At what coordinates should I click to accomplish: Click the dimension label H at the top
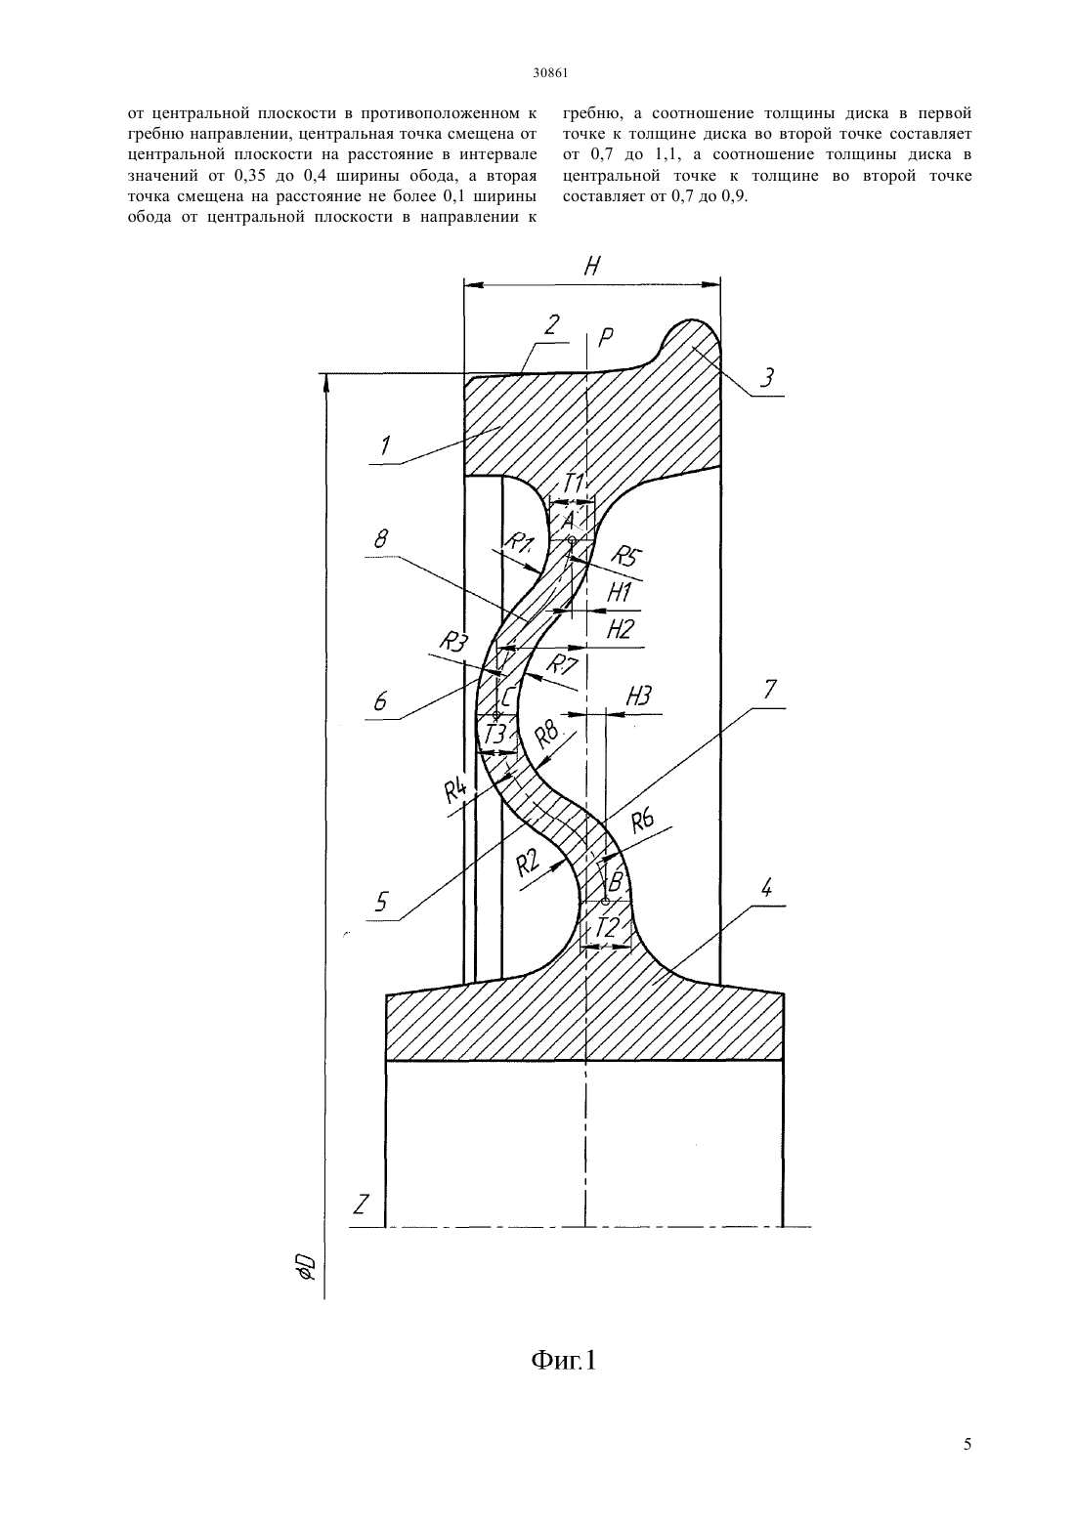point(592,266)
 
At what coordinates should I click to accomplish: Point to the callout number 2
point(551,325)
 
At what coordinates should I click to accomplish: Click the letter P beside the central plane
point(605,338)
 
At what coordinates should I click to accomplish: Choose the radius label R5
point(624,556)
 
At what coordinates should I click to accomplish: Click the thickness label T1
point(575,484)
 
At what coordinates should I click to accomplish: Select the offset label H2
point(620,629)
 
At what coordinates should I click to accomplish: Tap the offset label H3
point(638,696)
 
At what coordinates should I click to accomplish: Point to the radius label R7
point(562,663)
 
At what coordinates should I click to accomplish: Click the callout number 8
point(381,539)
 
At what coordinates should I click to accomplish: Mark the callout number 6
point(380,701)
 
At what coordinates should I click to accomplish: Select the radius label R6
point(642,822)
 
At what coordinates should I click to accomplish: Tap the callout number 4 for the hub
point(766,888)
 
